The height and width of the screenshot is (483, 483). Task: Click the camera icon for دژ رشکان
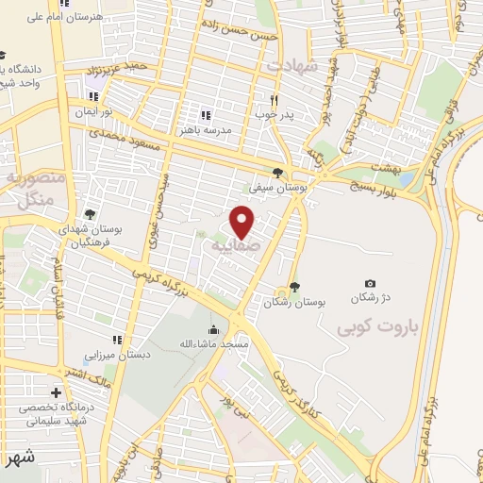pos(370,284)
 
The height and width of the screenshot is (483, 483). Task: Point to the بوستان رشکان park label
pos(295,303)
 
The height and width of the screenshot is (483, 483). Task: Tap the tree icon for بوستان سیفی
pos(276,172)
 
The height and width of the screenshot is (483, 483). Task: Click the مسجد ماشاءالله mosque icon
pos(213,330)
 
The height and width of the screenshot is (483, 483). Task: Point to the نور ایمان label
pos(94,111)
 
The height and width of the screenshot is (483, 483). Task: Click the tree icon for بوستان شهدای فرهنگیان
pos(90,214)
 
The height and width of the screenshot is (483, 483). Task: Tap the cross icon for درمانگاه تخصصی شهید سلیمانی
pos(57,391)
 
